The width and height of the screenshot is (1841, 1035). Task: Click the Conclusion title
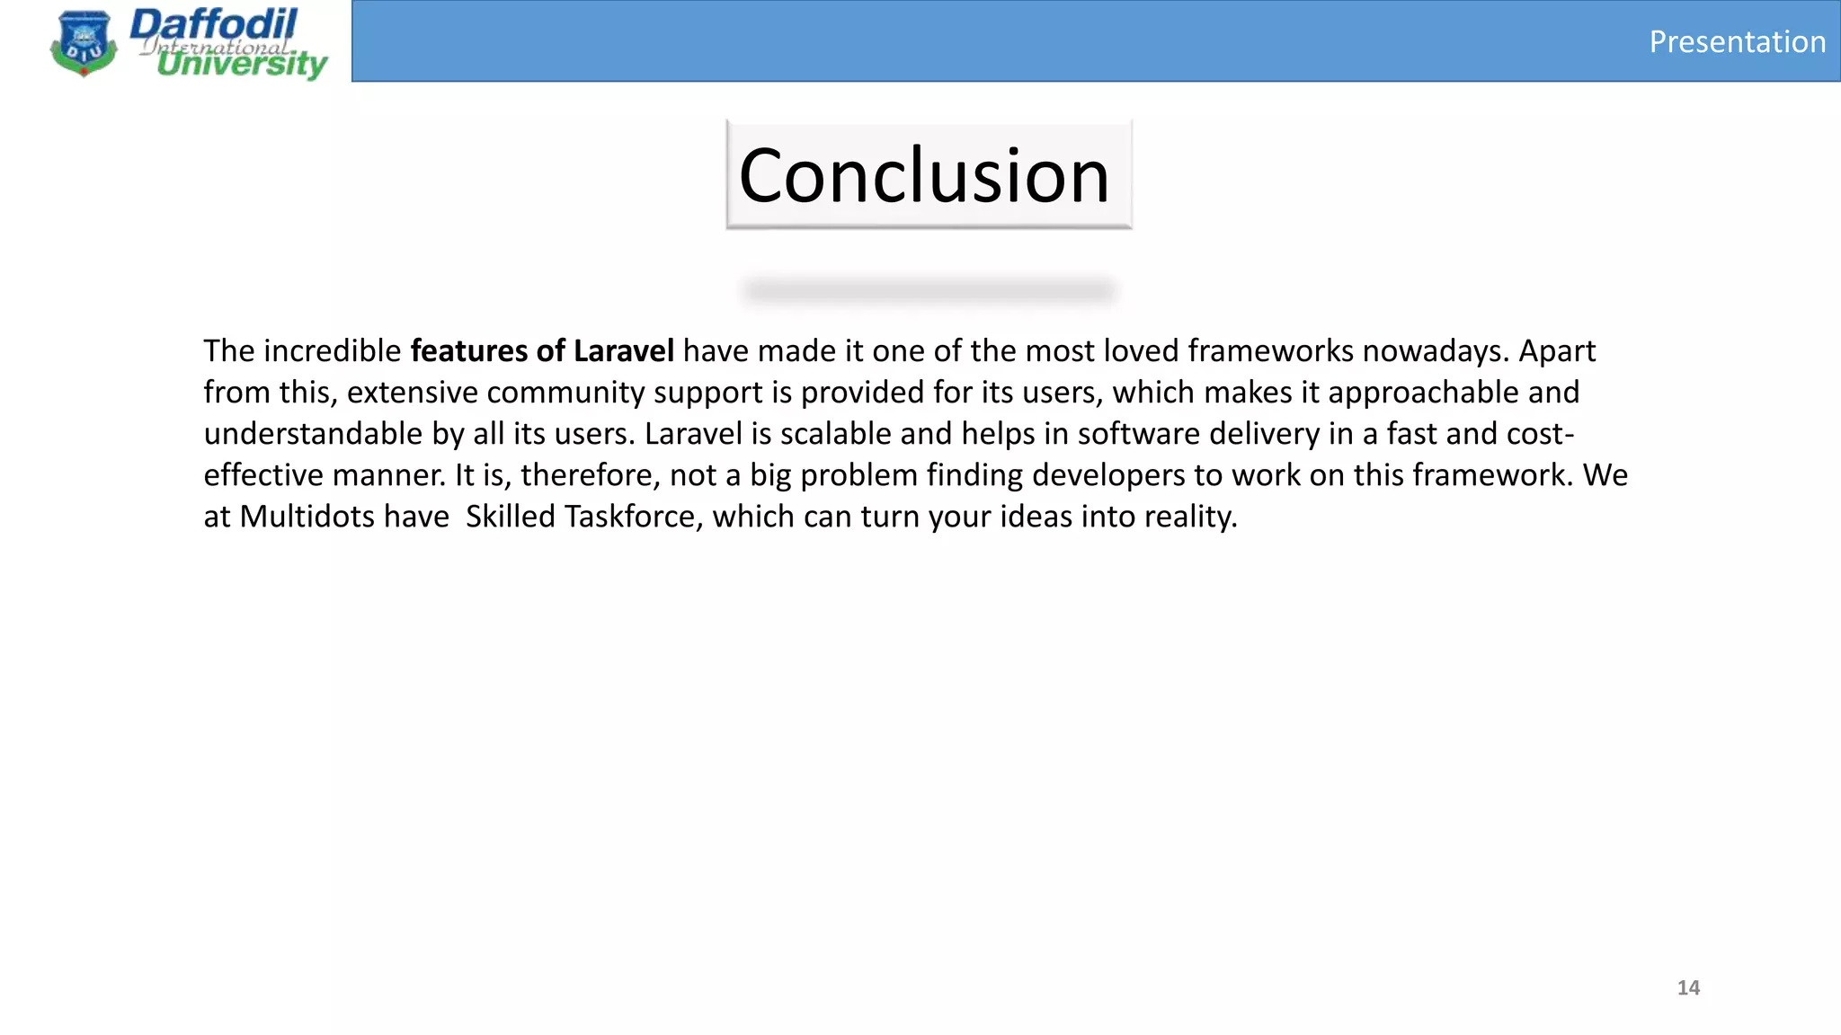point(924,175)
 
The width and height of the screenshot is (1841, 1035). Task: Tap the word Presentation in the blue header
point(1737,42)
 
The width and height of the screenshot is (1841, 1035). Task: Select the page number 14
point(1688,987)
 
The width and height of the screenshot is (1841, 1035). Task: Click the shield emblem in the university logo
point(84,43)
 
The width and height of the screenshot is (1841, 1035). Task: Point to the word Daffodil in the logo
point(213,24)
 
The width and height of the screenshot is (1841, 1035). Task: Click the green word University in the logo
point(242,64)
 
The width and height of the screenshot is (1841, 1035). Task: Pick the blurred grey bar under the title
point(929,290)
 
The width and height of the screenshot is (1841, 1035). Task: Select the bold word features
point(469,350)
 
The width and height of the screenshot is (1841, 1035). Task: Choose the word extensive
point(413,393)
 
